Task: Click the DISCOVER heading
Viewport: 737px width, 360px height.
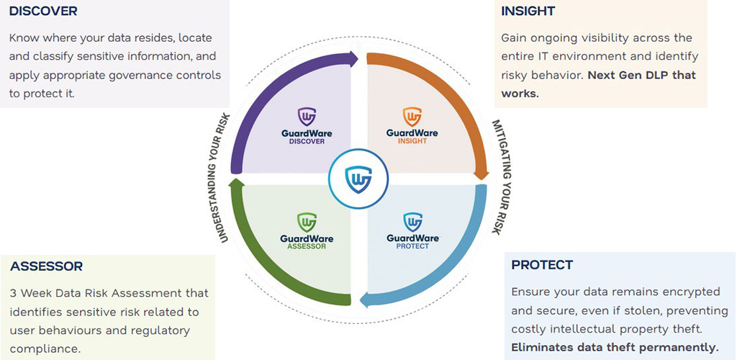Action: [43, 12]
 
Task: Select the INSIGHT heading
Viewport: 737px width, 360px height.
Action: [528, 12]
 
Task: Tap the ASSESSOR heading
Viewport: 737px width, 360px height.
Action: [47, 266]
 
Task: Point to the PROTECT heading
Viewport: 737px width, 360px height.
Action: [542, 264]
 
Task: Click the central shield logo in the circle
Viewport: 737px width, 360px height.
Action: [358, 179]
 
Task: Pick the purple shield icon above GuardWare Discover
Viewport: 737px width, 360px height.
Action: [307, 116]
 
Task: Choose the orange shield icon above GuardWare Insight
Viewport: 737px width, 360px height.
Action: [412, 116]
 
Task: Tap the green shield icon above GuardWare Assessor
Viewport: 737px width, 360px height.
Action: [307, 222]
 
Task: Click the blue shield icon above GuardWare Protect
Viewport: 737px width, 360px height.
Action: [412, 222]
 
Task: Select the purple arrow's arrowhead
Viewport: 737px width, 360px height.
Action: [351, 58]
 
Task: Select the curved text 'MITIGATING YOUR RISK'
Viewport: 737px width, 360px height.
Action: [501, 177]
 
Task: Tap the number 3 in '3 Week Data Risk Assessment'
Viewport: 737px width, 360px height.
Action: [13, 293]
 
